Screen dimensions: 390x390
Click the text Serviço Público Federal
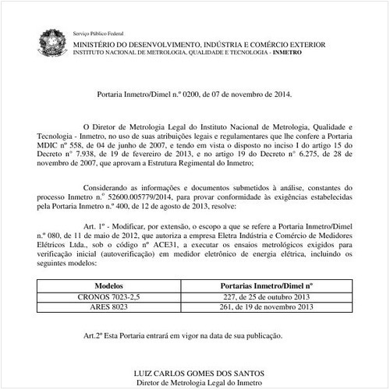99,35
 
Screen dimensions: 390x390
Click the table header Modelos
108,286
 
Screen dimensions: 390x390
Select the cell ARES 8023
108,307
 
